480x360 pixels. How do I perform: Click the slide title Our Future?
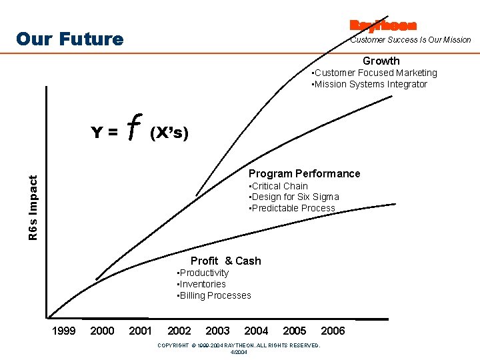[69, 39]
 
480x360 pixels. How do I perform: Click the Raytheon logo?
[383, 26]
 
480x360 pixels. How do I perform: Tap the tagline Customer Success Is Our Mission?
[411, 40]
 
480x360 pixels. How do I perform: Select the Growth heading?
[381, 61]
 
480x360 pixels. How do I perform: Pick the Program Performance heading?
[304, 173]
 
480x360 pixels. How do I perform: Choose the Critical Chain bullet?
[278, 186]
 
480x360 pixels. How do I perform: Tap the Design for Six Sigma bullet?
[293, 197]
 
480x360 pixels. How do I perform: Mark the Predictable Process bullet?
[291, 208]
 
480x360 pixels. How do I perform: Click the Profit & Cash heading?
[226, 261]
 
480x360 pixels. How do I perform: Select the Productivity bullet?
[203, 273]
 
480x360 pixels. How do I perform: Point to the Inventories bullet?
[201, 284]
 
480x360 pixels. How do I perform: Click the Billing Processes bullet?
[214, 295]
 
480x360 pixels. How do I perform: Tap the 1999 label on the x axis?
[63, 331]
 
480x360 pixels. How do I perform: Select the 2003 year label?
[217, 331]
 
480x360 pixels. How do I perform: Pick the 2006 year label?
[333, 331]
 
